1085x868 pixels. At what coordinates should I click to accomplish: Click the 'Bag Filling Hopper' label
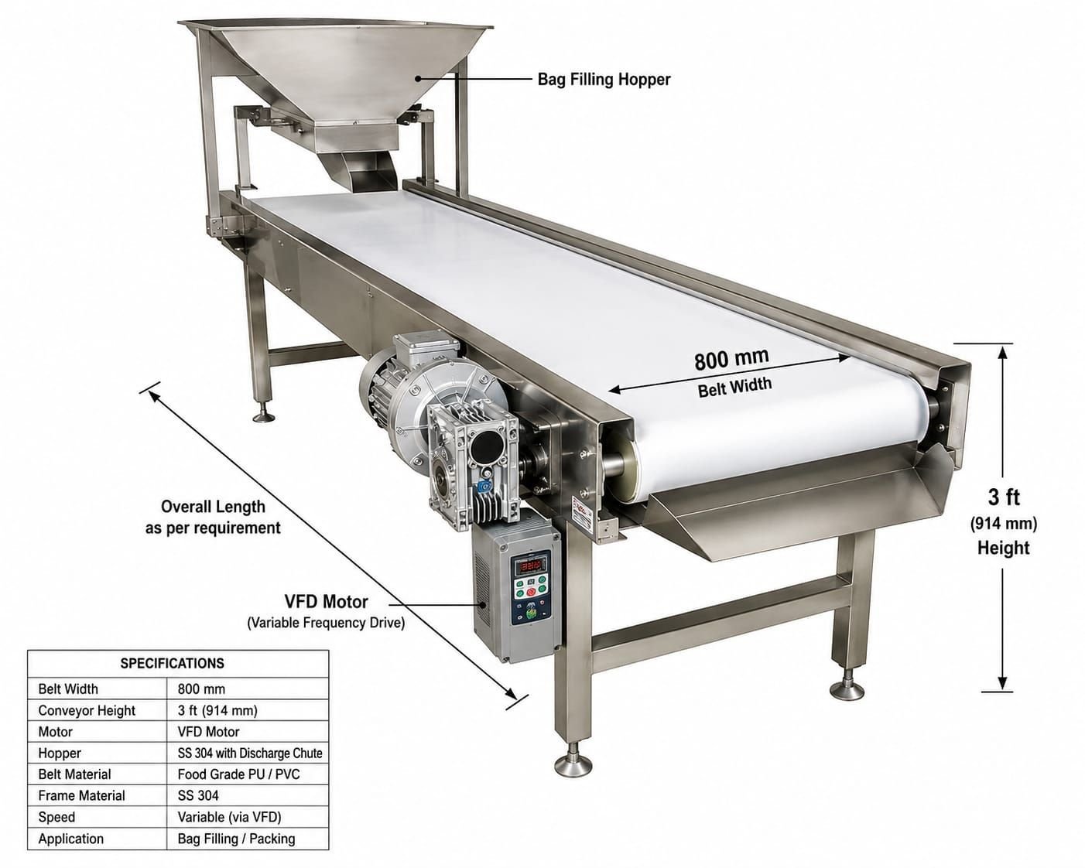pos(604,80)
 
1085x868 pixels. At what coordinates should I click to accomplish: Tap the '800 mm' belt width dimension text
pos(731,358)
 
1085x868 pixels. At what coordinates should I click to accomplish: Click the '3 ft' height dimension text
pos(1003,497)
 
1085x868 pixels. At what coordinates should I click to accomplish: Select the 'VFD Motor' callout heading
pos(327,601)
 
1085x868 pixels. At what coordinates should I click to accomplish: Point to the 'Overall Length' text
pos(213,506)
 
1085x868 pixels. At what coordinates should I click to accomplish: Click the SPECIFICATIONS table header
pos(172,663)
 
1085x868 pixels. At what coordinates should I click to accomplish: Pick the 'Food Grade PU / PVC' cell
pos(238,774)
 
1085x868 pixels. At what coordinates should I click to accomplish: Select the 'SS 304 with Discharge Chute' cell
pos(249,753)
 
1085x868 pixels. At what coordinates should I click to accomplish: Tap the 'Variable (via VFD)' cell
pos(229,817)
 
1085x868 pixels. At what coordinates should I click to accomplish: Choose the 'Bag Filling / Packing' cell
pos(236,839)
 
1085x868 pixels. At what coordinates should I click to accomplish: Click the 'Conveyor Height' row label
pos(87,710)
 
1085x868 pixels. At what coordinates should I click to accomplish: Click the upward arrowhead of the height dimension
pos(1003,354)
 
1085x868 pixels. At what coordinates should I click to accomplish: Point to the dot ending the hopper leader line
pos(418,78)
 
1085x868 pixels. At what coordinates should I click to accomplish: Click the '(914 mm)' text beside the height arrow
pos(1003,524)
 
